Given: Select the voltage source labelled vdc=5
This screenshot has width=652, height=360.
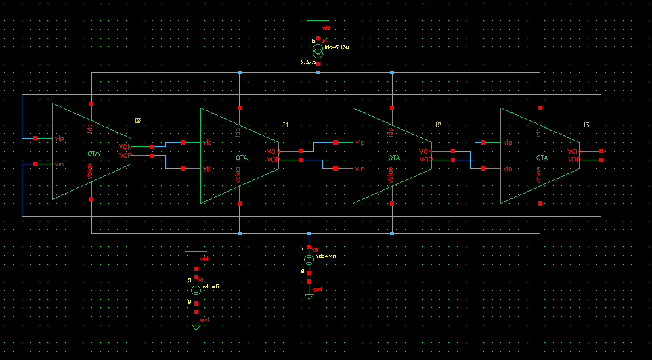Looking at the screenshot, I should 196,290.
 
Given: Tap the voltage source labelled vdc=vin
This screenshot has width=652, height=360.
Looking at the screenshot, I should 309,260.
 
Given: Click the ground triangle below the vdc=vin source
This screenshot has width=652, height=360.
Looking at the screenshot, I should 309,296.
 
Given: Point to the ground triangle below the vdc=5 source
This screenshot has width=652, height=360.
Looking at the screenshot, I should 196,327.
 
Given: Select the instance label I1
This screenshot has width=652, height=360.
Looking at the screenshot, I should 285,125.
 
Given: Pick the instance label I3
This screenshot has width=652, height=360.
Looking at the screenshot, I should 586,125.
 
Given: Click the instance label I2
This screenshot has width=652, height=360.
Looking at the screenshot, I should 438,125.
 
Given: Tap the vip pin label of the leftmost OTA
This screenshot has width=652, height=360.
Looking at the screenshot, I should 60,138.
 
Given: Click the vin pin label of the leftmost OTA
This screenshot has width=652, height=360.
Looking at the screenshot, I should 60,164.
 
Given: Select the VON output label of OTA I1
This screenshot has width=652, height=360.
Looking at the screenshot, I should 272,151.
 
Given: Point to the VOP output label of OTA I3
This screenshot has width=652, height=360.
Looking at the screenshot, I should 573,160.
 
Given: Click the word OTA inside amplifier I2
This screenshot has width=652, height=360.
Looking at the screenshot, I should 393,158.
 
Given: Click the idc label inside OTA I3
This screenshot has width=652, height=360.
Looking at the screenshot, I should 538,129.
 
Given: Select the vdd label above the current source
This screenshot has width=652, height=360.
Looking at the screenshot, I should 326,28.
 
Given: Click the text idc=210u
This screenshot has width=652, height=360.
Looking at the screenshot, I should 336,47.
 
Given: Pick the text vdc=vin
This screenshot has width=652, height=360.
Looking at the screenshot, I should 326,256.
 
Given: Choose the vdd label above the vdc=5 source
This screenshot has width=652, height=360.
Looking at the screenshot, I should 204,259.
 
